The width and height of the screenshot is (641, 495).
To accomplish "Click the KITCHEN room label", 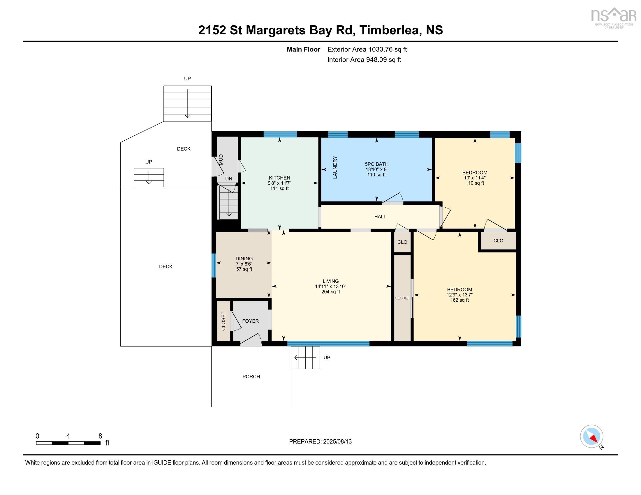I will click(x=279, y=178).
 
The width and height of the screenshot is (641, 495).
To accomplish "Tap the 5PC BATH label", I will click(x=376, y=164).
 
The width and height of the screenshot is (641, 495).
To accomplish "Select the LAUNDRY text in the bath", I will click(x=335, y=167).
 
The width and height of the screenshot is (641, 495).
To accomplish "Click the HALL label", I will click(x=380, y=217).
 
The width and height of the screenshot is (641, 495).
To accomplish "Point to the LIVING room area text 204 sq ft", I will click(x=330, y=292).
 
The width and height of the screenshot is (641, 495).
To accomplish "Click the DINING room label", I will click(x=244, y=259).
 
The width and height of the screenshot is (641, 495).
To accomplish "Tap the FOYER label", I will click(x=250, y=321).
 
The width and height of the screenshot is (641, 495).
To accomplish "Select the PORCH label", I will click(x=251, y=376).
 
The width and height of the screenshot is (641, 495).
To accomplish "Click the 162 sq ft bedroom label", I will click(x=459, y=300).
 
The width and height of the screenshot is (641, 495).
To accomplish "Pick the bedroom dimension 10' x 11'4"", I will click(x=475, y=178).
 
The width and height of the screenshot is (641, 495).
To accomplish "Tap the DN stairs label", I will click(x=229, y=178).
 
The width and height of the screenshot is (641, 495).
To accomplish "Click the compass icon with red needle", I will click(x=591, y=436).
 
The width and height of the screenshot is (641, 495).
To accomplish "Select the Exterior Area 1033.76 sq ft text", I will click(x=367, y=49).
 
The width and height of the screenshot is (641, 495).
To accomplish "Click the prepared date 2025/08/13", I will click(x=337, y=442).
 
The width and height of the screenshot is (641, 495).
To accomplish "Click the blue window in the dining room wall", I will click(x=214, y=265).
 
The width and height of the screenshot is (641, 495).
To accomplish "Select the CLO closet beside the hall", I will click(x=402, y=242).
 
